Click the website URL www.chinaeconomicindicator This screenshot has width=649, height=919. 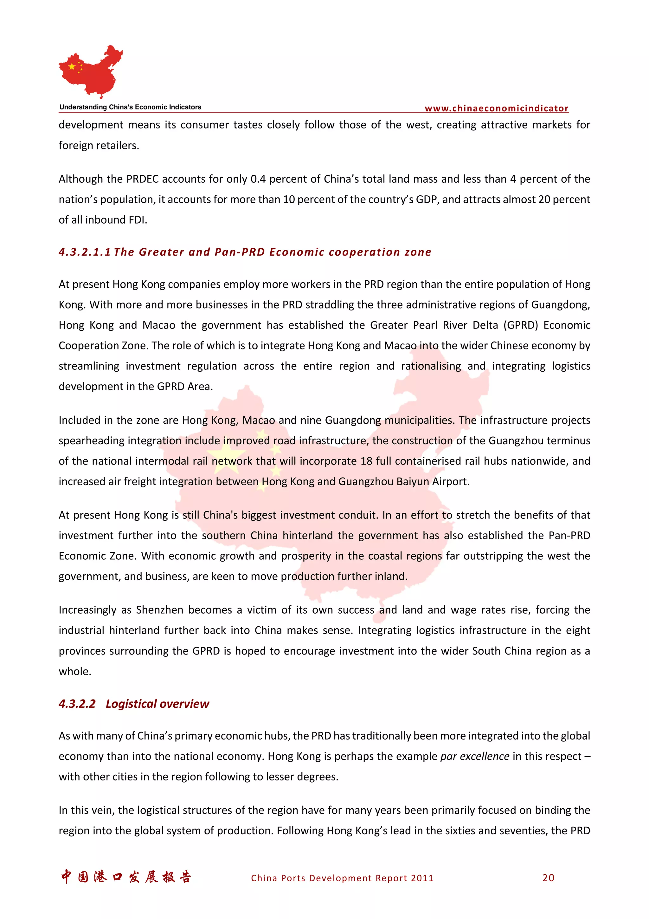click(496, 108)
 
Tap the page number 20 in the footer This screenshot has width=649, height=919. click(548, 878)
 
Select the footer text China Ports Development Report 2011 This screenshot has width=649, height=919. click(342, 878)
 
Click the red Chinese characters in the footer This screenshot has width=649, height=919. click(126, 877)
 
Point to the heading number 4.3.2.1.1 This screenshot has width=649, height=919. click(84, 252)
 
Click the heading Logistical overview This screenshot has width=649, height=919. click(157, 704)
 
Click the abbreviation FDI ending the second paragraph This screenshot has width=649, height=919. click(137, 220)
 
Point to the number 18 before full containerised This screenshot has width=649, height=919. click(366, 461)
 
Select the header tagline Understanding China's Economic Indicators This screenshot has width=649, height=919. click(130, 107)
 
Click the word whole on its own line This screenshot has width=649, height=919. click(75, 671)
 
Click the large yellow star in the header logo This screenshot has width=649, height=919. click(72, 67)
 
